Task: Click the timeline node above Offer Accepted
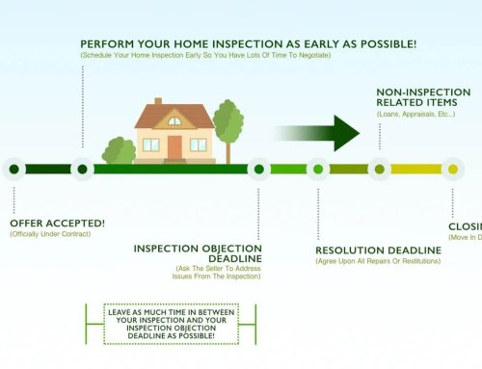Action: point(13,170)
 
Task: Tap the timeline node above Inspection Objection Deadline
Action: point(258,170)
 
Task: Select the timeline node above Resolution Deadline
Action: point(318,170)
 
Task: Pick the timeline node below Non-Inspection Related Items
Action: point(379,170)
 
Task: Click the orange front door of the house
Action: point(174,147)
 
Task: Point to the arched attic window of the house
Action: point(174,121)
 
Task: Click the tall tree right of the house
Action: point(228,123)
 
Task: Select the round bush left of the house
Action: point(120,152)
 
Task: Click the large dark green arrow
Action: point(313,132)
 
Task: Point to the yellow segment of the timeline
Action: point(416,170)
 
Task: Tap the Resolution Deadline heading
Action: point(378,250)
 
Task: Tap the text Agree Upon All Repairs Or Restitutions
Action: point(379,262)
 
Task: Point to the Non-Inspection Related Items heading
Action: point(422,97)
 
